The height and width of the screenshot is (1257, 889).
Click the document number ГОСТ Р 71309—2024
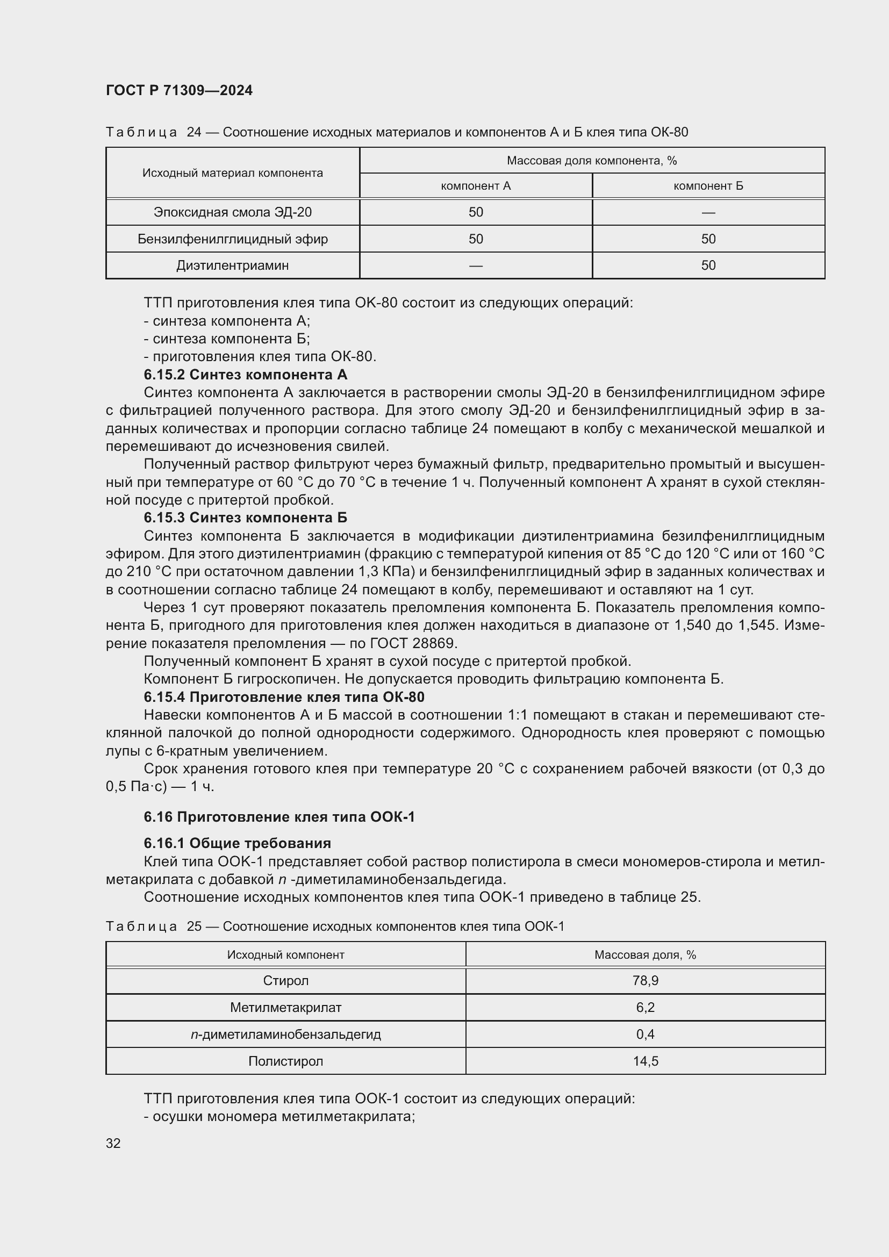[x=179, y=90]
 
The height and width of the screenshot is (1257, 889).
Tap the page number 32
[x=113, y=1143]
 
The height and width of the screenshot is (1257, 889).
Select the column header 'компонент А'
[x=475, y=186]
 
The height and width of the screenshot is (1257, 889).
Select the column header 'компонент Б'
[x=708, y=186]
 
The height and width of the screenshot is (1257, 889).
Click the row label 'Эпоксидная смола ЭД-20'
[x=232, y=212]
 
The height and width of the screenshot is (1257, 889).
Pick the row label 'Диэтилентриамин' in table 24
[x=232, y=265]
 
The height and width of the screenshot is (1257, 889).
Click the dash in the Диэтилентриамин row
[x=475, y=266]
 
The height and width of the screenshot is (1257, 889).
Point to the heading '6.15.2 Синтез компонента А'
[x=245, y=375]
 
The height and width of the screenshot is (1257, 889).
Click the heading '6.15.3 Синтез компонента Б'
[x=245, y=518]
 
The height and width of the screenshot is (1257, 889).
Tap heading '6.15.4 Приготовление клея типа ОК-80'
[x=284, y=697]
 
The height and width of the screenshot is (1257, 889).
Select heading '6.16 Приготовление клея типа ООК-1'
[x=279, y=817]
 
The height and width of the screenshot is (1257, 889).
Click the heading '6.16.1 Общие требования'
[x=237, y=843]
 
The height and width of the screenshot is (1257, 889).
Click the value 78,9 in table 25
[x=645, y=981]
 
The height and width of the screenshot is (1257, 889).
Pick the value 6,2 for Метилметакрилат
[x=645, y=1007]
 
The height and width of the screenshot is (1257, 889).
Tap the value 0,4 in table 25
[x=645, y=1034]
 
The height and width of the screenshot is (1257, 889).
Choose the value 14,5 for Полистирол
[x=645, y=1061]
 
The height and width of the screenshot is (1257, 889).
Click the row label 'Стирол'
[x=285, y=981]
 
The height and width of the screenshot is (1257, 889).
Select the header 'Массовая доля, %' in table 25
[x=645, y=955]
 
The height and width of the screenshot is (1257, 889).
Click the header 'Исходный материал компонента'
[x=232, y=173]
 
